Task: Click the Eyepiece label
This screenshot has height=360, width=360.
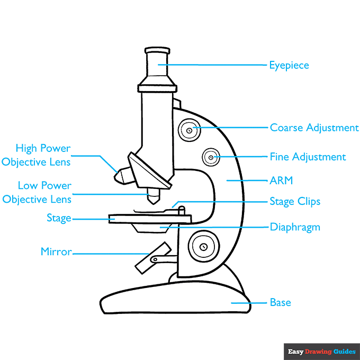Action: (x=289, y=66)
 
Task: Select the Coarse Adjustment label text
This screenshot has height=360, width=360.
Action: (x=314, y=128)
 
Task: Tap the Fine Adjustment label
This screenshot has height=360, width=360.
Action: (x=308, y=157)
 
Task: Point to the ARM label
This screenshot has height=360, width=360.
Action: (x=281, y=181)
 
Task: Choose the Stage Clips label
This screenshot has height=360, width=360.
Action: (x=295, y=202)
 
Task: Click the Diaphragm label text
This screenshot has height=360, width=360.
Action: (x=295, y=227)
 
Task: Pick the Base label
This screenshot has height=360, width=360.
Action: (x=280, y=302)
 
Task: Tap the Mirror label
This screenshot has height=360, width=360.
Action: (x=56, y=252)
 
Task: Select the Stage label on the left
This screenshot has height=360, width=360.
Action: (x=59, y=218)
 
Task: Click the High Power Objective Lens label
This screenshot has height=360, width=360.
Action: (x=36, y=155)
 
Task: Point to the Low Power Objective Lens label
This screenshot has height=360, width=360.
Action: (x=37, y=193)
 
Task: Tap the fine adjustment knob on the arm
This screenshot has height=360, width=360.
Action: (x=211, y=157)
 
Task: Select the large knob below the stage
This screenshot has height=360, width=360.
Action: (x=203, y=246)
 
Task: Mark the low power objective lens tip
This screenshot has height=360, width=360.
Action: (x=154, y=199)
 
